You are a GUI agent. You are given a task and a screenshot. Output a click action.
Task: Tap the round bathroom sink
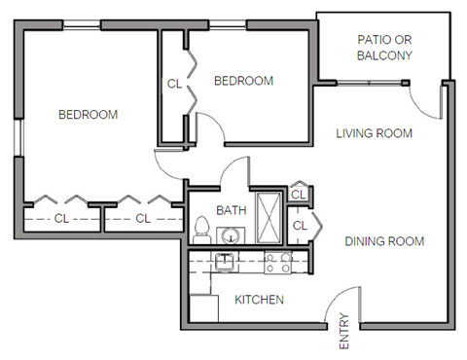231,234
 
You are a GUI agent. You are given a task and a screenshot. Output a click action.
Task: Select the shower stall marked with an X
269,215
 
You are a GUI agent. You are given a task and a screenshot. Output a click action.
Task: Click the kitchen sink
226,260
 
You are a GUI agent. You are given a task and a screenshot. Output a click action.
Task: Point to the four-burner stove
278,260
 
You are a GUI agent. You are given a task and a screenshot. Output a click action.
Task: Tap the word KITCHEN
259,300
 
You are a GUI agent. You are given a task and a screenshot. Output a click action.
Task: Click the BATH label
231,209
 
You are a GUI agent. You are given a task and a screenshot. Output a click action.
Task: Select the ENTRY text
343,332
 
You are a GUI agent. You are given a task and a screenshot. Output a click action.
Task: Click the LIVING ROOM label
375,133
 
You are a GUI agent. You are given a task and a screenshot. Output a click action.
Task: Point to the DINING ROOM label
384,241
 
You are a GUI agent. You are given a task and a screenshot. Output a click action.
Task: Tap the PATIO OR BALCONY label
384,48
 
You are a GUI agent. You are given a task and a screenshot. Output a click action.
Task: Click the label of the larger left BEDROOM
88,115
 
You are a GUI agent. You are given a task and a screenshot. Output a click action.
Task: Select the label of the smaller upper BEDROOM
243,81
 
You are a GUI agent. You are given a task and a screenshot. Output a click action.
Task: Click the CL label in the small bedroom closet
174,84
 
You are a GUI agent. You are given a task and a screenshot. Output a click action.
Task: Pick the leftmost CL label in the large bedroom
60,217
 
